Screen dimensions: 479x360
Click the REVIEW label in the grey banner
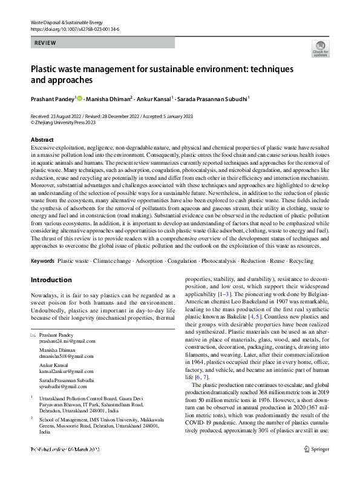click(45, 43)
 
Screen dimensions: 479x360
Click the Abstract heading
click(42, 140)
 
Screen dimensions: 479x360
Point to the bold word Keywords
click(42, 261)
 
